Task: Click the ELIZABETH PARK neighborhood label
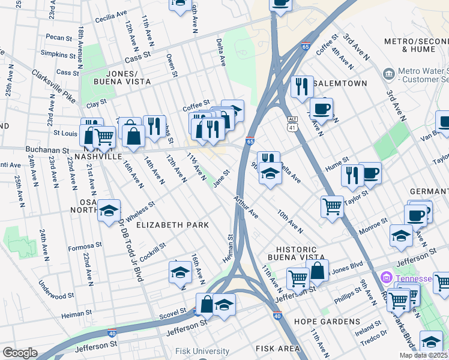tap(172, 225)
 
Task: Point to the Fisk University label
tap(202, 352)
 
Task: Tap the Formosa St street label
tap(85, 246)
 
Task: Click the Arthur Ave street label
tap(246, 207)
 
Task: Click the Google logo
tap(20, 353)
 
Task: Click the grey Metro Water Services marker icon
tap(389, 73)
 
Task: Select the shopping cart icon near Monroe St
tap(332, 206)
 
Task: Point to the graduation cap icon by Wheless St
tap(109, 210)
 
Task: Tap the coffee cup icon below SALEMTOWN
tap(322, 109)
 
